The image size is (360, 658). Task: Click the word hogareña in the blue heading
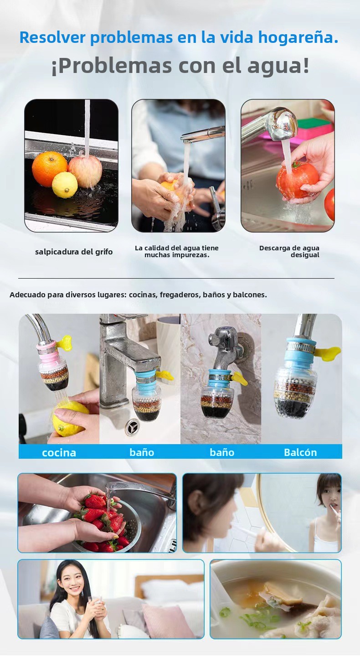[x=298, y=38]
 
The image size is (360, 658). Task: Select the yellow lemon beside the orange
[x=65, y=185]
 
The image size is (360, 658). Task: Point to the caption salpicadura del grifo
[x=74, y=252]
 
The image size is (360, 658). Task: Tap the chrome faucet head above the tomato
[x=283, y=124]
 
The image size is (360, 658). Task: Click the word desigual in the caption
[x=305, y=255]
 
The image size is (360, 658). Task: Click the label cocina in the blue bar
[x=59, y=452]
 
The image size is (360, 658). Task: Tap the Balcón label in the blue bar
[x=300, y=452]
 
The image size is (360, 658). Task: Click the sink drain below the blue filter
[x=132, y=427]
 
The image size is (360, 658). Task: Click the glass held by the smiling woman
[x=96, y=604]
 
